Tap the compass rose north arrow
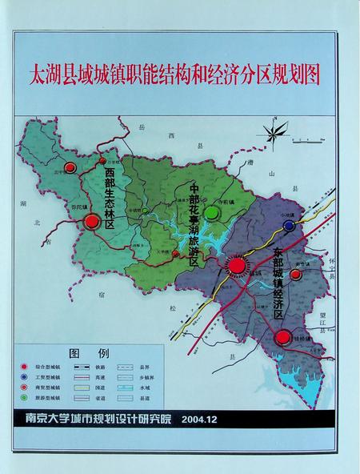coord(276,133)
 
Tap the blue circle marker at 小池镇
coord(288,226)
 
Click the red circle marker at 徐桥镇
coord(282,339)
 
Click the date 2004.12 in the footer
coord(202,419)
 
